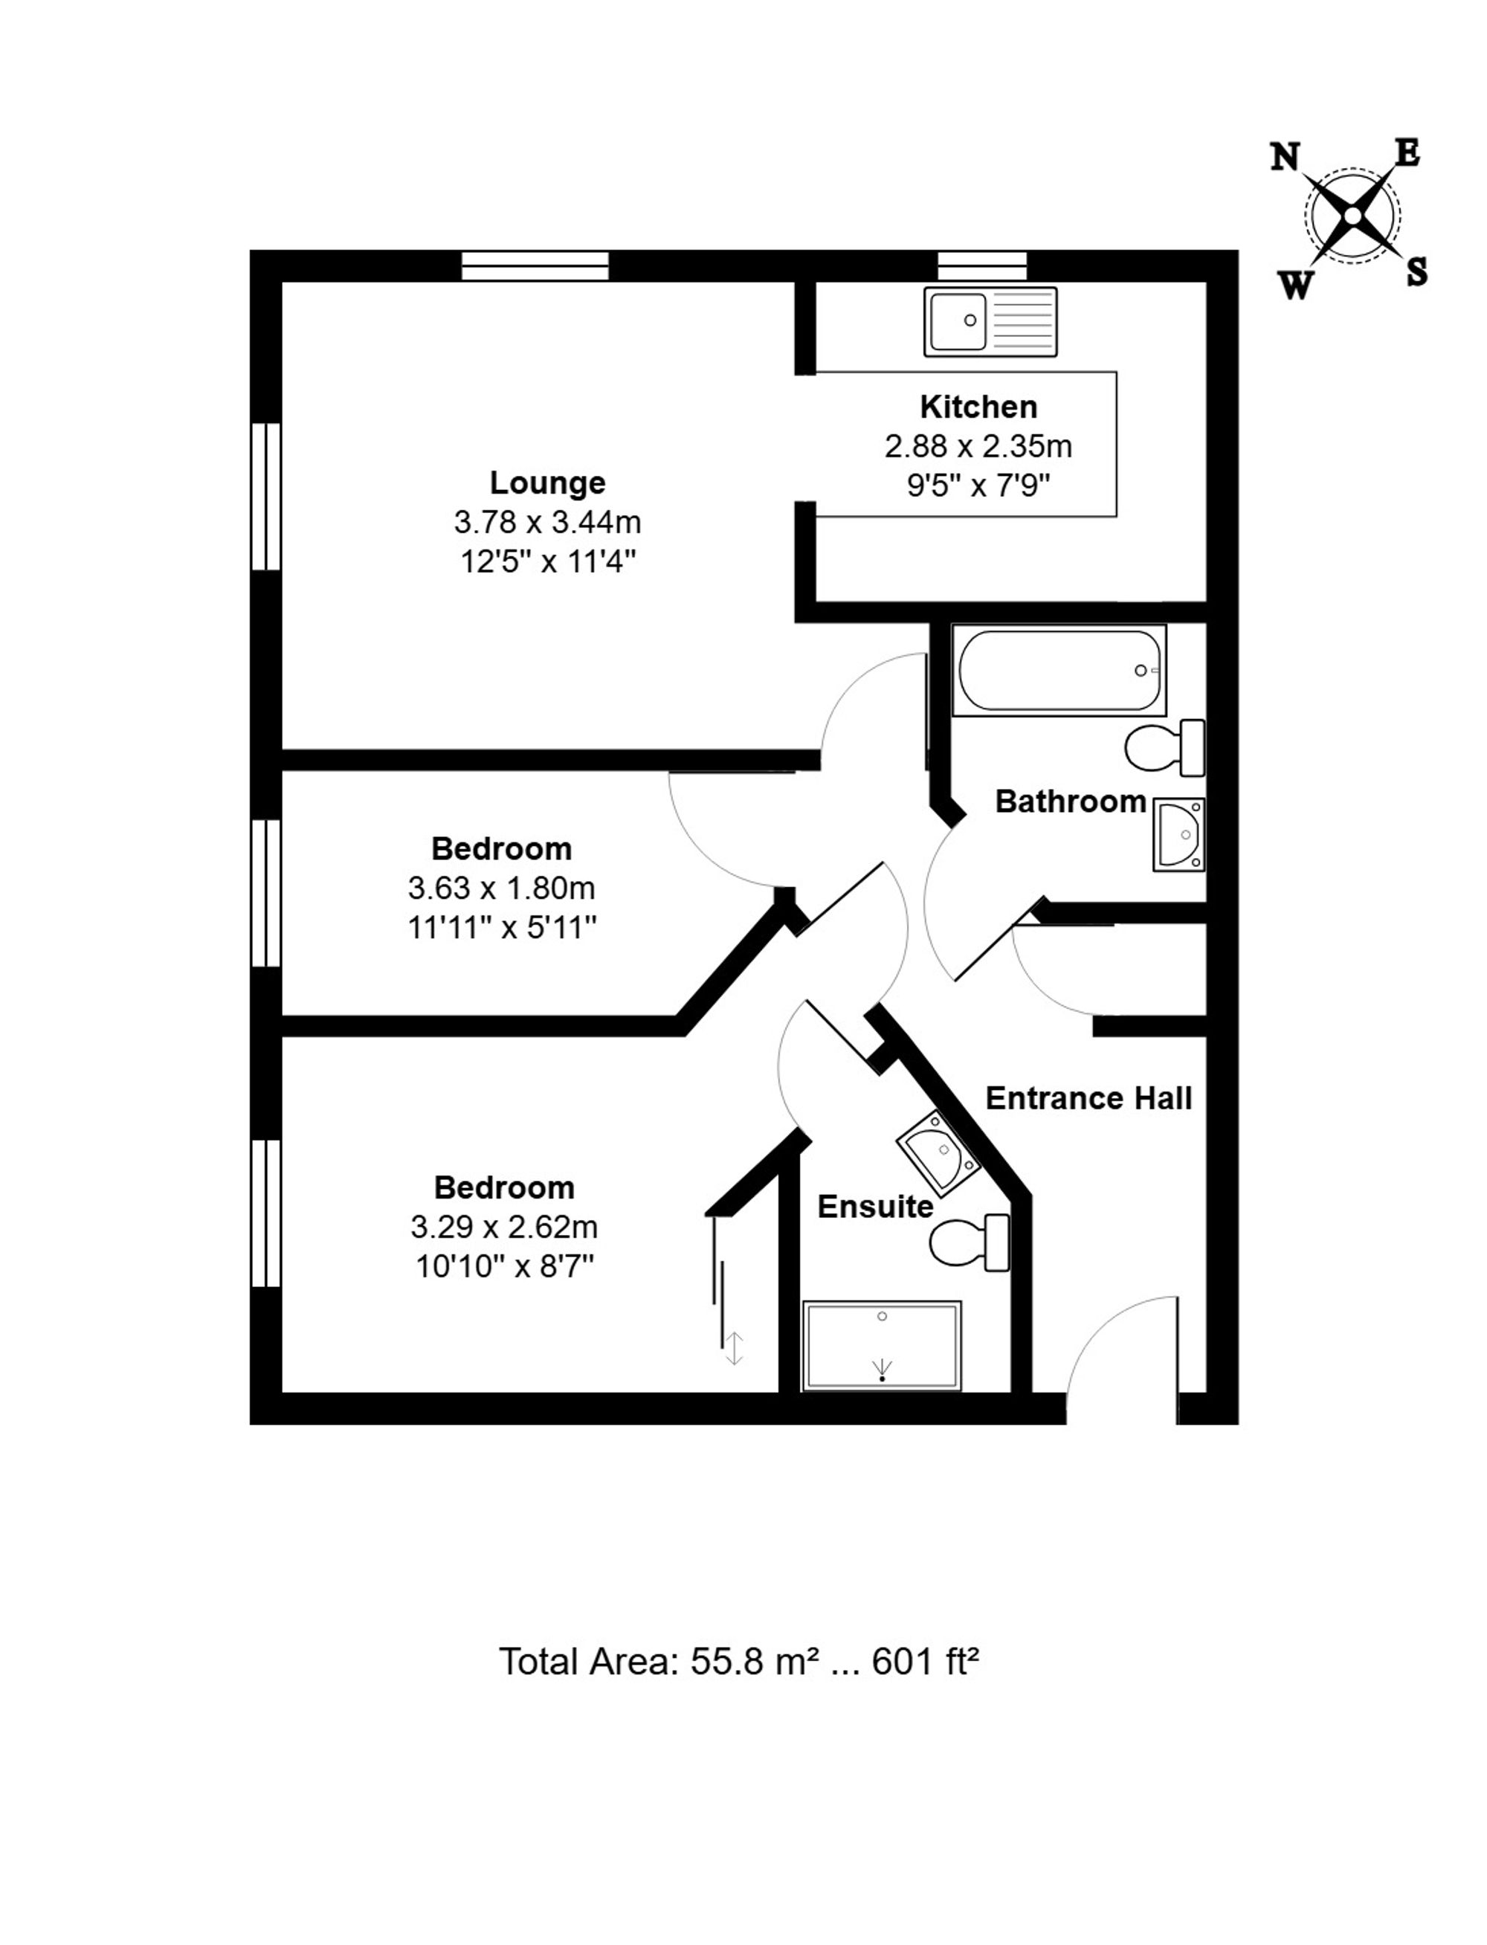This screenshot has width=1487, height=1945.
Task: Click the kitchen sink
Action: [x=990, y=322]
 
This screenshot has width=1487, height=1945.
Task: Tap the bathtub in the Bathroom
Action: [x=1059, y=670]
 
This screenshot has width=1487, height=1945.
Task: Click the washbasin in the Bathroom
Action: [x=1179, y=834]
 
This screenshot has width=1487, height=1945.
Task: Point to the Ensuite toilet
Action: [x=970, y=1242]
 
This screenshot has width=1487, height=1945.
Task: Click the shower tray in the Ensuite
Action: [x=882, y=1345]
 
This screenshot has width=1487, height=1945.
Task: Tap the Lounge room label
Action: [x=548, y=483]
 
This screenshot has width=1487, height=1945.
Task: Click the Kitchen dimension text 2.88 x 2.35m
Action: [x=978, y=446]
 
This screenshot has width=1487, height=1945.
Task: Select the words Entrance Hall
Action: [x=1088, y=1098]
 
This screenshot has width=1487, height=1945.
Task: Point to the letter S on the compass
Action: [x=1417, y=271]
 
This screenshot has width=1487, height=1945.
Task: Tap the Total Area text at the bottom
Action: [x=739, y=1662]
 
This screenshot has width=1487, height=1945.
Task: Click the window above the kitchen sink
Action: [x=982, y=265]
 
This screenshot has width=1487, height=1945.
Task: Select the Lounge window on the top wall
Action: [x=535, y=265]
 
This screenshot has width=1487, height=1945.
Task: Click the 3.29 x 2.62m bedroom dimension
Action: [x=505, y=1228]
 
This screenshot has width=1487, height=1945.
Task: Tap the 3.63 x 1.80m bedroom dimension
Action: [x=501, y=888]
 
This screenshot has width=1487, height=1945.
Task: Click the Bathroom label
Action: [x=1071, y=801]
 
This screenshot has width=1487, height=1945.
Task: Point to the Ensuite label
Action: [x=875, y=1207]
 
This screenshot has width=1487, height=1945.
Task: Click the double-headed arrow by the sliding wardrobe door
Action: [x=734, y=1349]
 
